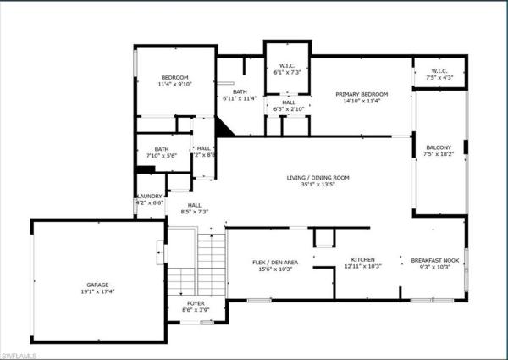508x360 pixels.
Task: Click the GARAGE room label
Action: point(97,285)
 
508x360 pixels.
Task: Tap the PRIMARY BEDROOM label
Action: point(362,94)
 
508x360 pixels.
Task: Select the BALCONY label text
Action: point(439,147)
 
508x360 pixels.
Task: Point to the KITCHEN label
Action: point(363,259)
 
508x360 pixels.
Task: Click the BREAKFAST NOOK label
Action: point(435,260)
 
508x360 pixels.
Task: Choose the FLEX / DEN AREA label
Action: point(275,262)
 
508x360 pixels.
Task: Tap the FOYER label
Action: point(196,303)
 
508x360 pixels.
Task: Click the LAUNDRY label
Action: point(150,196)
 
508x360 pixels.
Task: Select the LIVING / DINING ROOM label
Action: point(317,178)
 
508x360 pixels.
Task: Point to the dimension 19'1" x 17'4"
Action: point(97,291)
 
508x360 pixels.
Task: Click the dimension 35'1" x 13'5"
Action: point(317,184)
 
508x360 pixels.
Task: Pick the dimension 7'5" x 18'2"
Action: point(439,154)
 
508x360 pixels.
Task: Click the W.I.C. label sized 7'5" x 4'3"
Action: point(439,71)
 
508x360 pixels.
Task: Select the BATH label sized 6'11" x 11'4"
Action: point(240,91)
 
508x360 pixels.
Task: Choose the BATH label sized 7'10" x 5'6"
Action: point(162,149)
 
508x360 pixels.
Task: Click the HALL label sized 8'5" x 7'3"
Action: point(195,205)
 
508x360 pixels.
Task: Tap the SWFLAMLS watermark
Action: point(19,356)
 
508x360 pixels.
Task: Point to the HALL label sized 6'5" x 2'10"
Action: point(289,102)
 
